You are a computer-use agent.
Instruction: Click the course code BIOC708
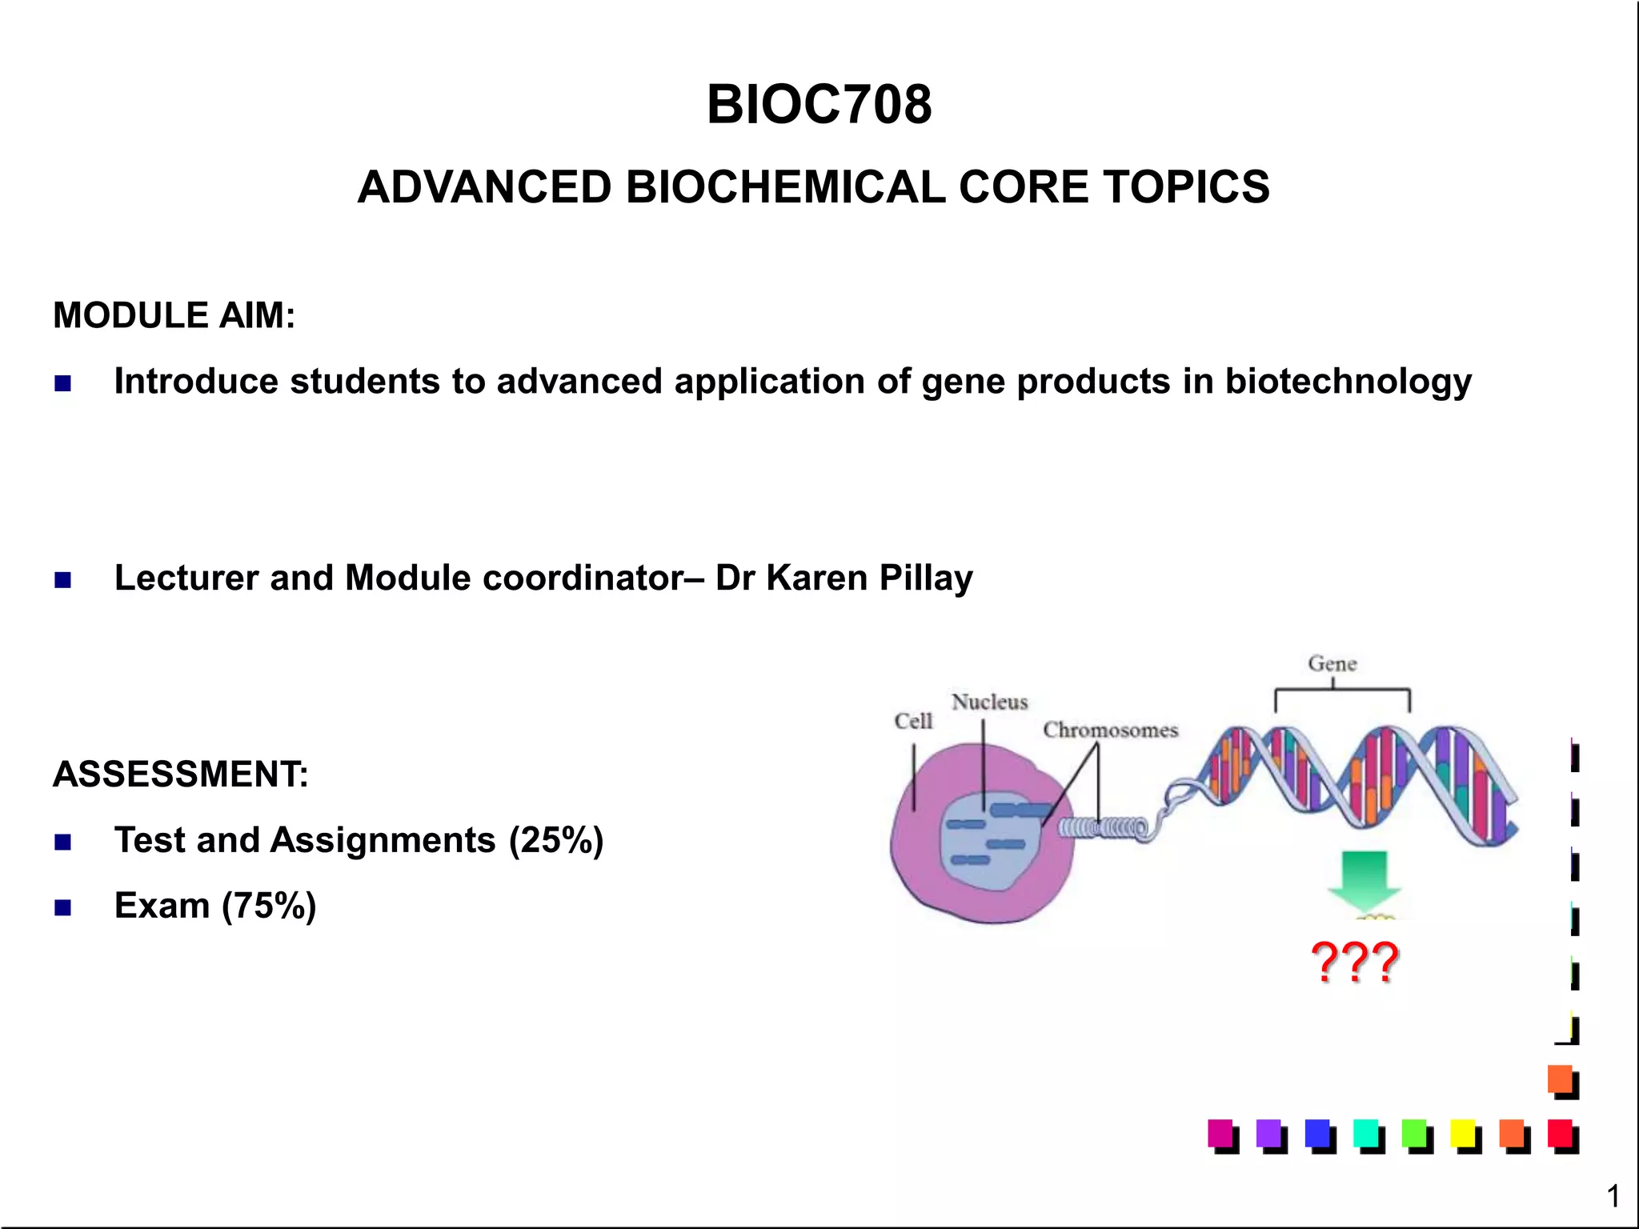pos(819,105)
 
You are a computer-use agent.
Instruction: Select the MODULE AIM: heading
pos(174,315)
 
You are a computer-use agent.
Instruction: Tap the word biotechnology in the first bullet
pos(1348,381)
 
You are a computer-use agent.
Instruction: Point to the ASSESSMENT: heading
pos(180,775)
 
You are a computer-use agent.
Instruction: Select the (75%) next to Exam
pos(269,906)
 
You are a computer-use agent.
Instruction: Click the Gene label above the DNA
pos(1332,663)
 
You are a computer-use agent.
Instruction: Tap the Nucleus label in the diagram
pos(989,702)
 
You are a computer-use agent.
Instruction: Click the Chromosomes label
pos(1110,730)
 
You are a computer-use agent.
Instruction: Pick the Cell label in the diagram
pos(913,721)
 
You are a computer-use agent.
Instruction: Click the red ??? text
pos(1355,962)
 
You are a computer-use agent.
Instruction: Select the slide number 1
pos(1613,1196)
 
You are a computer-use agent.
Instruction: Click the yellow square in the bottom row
pos(1464,1134)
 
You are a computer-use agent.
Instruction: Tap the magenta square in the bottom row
pos(1220,1134)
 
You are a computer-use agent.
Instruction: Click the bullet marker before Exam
pos(63,907)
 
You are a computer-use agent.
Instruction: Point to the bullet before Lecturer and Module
pos(63,579)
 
